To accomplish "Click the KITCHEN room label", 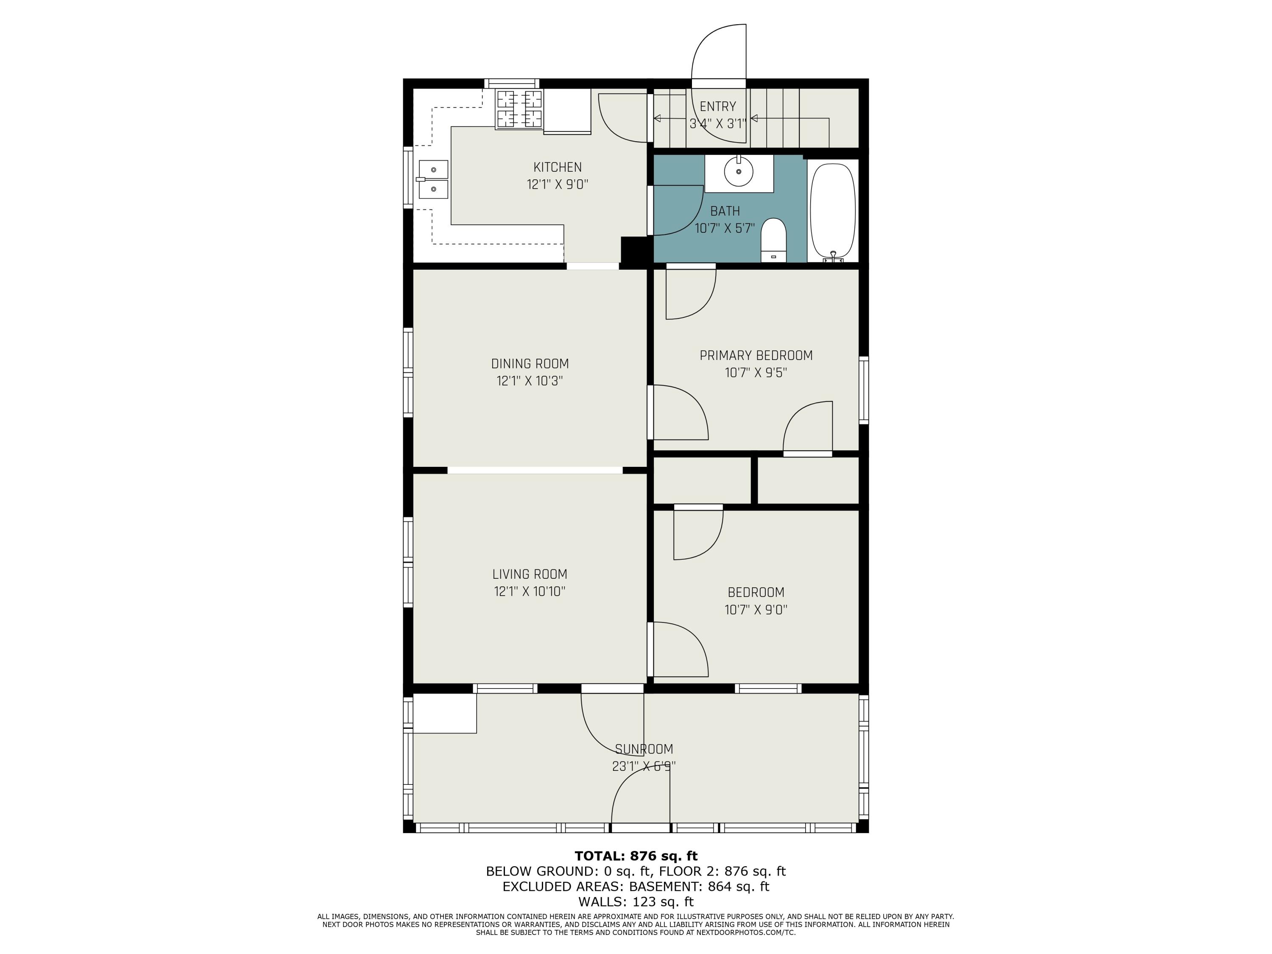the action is pyautogui.click(x=557, y=167).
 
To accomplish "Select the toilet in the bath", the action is pyautogui.click(x=773, y=240).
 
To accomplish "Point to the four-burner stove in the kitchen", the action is pyautogui.click(x=519, y=109).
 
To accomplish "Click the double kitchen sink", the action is pyautogui.click(x=433, y=179).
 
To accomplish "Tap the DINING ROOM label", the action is pyautogui.click(x=530, y=363).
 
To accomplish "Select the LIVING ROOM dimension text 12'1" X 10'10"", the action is pyautogui.click(x=530, y=591).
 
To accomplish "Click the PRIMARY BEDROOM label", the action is pyautogui.click(x=756, y=355).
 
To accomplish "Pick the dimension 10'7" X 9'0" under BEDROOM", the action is pyautogui.click(x=756, y=610).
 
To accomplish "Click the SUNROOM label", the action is pyautogui.click(x=644, y=749).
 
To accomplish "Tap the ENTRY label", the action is pyautogui.click(x=718, y=106).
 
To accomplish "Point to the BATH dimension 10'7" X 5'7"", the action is pyautogui.click(x=725, y=228).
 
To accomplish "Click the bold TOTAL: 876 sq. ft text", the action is pyautogui.click(x=636, y=856).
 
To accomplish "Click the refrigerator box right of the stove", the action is pyautogui.click(x=567, y=111).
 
